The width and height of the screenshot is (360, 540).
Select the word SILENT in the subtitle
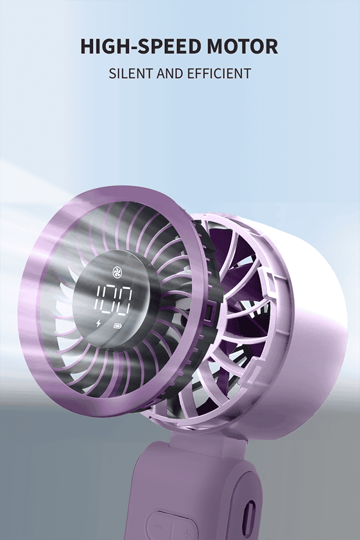[x=131, y=73]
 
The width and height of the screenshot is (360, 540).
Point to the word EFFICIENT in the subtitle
[x=219, y=73]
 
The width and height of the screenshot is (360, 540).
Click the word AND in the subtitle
[x=170, y=73]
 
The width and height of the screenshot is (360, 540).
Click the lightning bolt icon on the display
[x=99, y=324]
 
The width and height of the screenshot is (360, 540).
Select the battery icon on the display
[x=117, y=325]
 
